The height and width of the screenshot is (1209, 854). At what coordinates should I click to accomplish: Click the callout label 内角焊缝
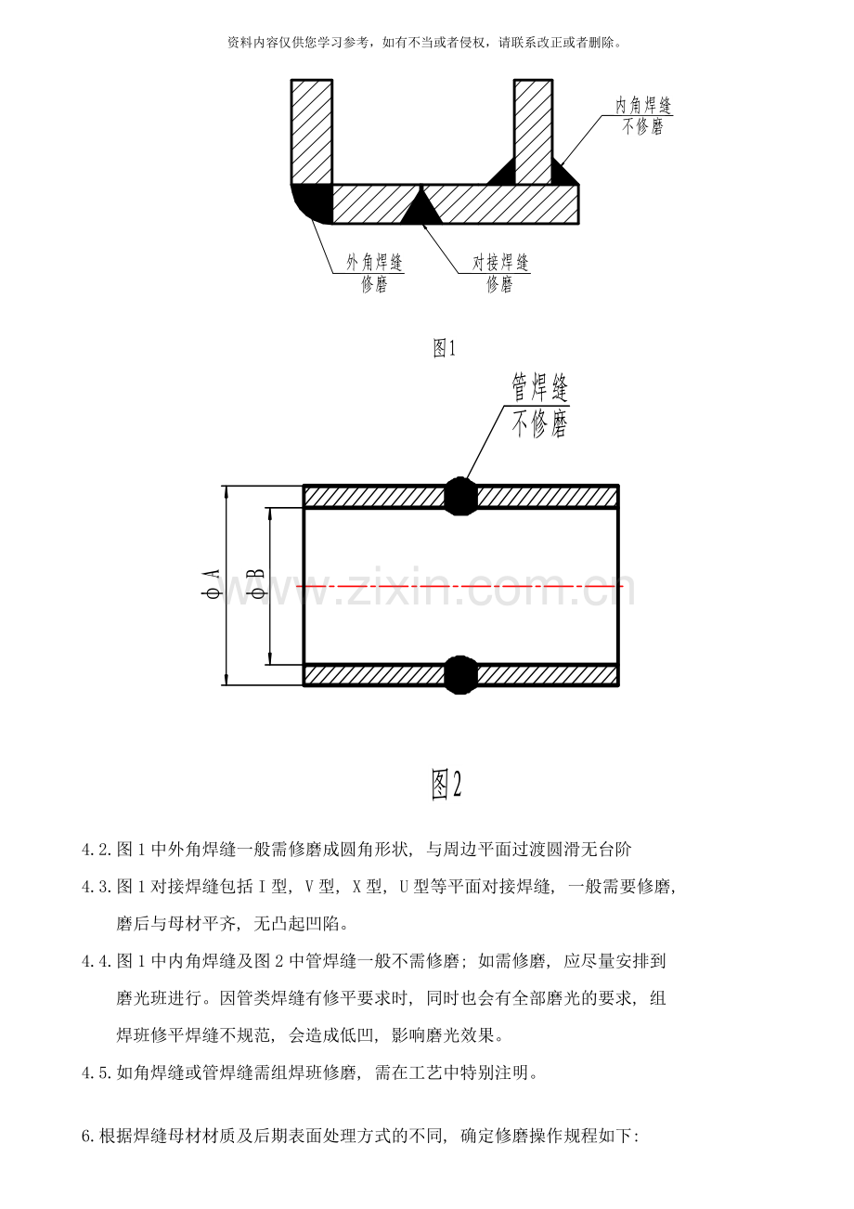[643, 105]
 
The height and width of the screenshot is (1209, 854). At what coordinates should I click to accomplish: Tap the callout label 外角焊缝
[374, 263]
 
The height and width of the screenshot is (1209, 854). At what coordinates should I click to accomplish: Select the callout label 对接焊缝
[500, 263]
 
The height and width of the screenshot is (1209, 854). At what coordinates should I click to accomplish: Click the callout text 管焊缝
[539, 387]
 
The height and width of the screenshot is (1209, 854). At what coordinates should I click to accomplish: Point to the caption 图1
[444, 348]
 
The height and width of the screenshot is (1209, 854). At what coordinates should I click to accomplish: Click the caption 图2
[446, 785]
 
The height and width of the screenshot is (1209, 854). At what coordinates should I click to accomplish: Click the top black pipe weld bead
[460, 496]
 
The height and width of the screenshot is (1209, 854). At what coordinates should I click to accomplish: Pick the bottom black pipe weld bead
[460, 675]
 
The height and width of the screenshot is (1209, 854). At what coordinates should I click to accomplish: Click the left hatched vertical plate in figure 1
[311, 132]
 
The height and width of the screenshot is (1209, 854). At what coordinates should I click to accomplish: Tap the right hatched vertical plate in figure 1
[533, 132]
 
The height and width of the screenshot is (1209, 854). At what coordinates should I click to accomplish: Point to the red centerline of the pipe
[459, 586]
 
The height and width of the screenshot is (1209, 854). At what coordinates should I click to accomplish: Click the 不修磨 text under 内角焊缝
[642, 126]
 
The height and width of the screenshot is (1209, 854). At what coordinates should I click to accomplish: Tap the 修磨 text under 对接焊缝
[500, 284]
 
